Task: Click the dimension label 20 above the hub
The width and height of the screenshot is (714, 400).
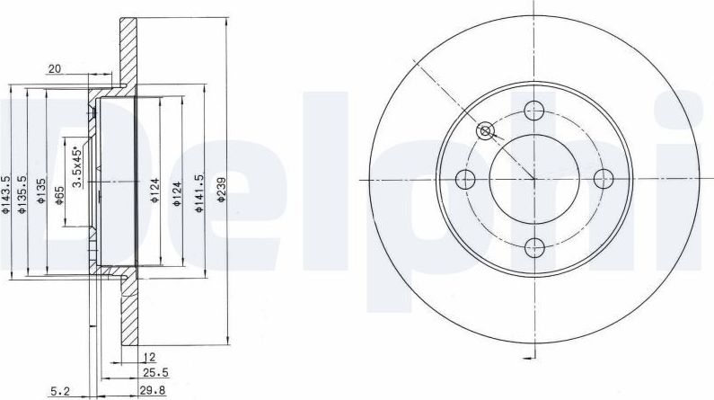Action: click(x=55, y=69)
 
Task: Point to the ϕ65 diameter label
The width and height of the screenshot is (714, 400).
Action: click(x=58, y=195)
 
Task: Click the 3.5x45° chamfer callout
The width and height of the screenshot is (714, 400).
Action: click(x=77, y=166)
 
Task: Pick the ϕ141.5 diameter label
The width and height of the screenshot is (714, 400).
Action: click(x=198, y=192)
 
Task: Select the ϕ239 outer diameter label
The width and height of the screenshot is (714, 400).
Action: click(x=221, y=190)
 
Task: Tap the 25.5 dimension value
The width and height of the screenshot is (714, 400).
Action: click(x=155, y=373)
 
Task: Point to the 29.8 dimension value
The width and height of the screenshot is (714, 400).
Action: click(x=153, y=390)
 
